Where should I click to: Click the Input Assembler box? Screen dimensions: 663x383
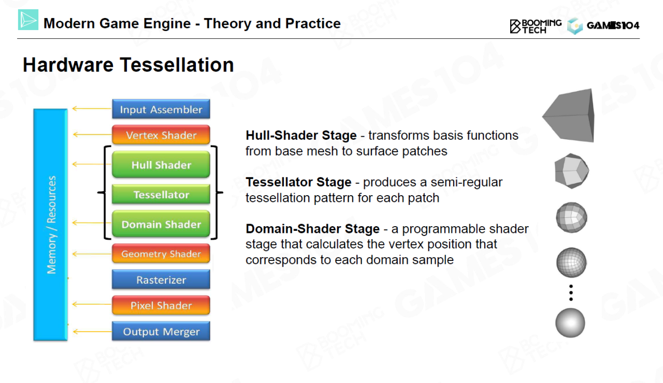click(x=161, y=109)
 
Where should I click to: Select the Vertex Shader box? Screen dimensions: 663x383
click(x=161, y=135)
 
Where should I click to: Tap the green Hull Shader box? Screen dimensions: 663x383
click(x=161, y=165)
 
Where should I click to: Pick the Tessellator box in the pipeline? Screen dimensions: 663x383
click(x=161, y=194)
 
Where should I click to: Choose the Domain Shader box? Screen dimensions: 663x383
click(x=161, y=224)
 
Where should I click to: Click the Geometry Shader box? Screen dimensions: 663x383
click(x=161, y=254)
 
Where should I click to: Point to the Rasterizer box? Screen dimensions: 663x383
click(x=161, y=279)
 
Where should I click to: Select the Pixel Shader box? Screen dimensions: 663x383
click(x=161, y=305)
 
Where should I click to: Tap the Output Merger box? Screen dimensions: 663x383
click(x=161, y=331)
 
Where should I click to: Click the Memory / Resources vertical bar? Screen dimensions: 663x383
click(x=50, y=225)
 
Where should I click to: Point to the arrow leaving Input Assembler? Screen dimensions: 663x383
click(x=92, y=109)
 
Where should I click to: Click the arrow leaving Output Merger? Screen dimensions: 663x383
click(x=92, y=332)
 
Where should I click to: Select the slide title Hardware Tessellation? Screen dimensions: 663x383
click(x=128, y=65)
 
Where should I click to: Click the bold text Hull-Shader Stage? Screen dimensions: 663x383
click(x=301, y=136)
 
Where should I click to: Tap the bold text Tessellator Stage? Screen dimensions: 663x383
click(x=298, y=182)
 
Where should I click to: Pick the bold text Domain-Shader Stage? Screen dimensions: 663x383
click(x=312, y=229)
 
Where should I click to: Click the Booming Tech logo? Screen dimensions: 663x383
click(x=536, y=26)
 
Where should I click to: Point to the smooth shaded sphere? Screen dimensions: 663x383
click(x=570, y=322)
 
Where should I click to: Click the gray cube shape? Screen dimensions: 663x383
click(x=569, y=115)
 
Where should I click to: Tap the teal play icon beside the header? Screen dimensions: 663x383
click(x=28, y=20)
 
